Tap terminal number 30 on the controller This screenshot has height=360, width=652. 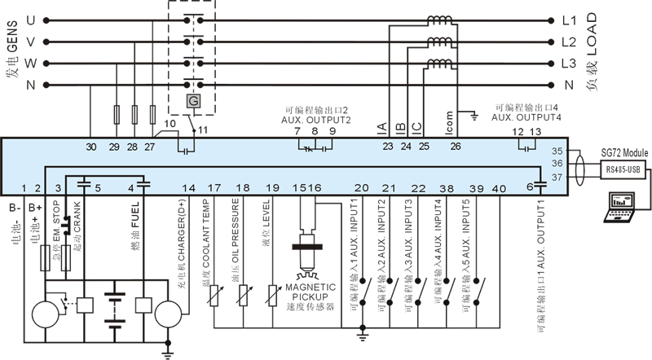point(91,147)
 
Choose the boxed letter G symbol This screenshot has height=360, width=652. point(193,100)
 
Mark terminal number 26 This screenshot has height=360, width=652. point(455,147)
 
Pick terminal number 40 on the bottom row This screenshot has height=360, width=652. point(499,188)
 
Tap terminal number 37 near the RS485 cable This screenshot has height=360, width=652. point(557,177)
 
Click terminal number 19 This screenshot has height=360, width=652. point(272,188)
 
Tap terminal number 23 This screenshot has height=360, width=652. point(387,147)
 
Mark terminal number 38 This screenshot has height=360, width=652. point(446,188)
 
